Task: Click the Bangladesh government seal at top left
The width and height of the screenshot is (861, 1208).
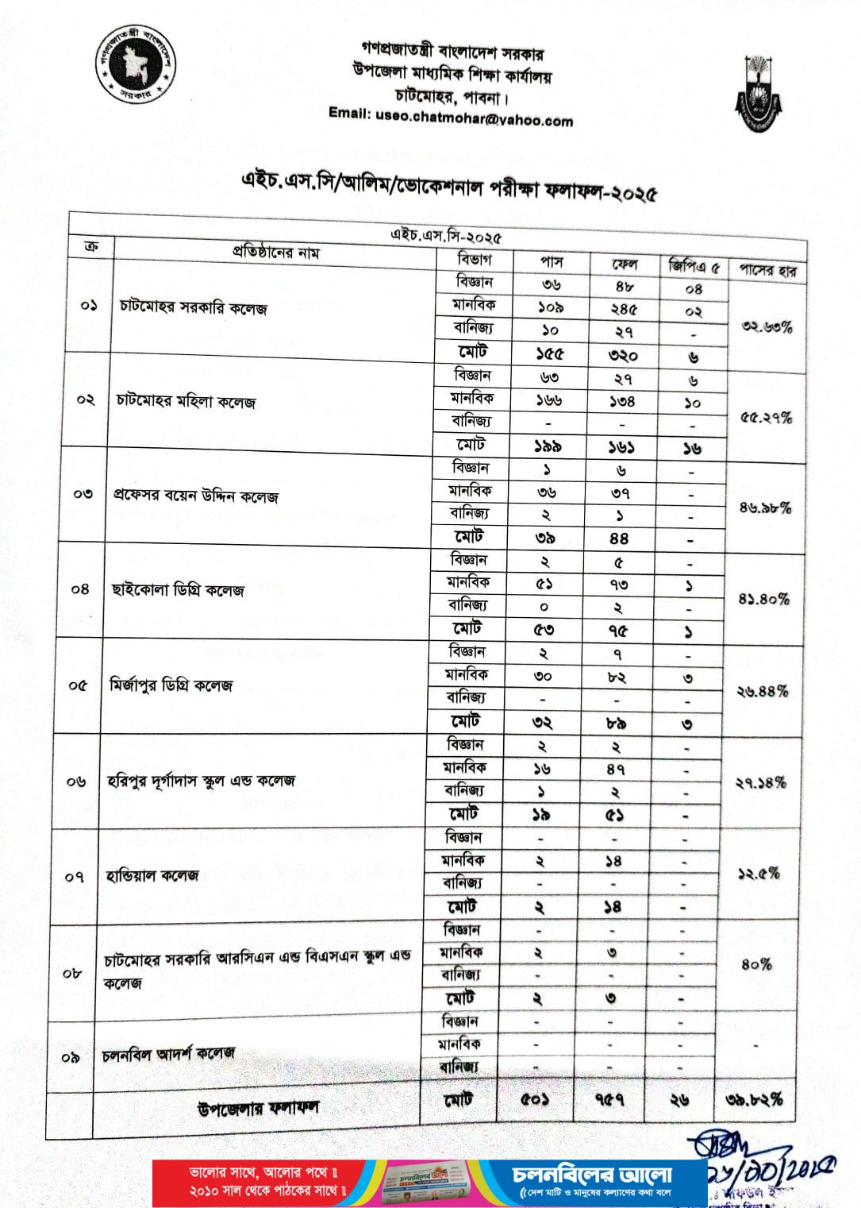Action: tap(137, 67)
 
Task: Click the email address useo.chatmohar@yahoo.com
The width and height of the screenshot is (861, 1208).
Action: tap(451, 118)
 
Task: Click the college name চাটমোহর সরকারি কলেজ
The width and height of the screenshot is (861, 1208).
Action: tap(194, 307)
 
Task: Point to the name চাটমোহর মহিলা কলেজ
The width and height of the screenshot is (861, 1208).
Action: tap(183, 402)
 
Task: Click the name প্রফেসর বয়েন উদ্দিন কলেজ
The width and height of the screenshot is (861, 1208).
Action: tap(195, 497)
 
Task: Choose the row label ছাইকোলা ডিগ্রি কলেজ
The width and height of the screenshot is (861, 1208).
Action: tap(178, 590)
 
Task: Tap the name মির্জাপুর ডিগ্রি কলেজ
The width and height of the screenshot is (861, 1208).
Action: tap(171, 685)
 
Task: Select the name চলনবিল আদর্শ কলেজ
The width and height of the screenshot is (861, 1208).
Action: tap(168, 1054)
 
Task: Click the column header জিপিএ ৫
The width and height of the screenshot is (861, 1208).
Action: tap(694, 268)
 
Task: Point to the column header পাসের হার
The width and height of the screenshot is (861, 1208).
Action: tap(767, 271)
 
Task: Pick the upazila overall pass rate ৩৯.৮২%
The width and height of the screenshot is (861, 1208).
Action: tap(754, 1100)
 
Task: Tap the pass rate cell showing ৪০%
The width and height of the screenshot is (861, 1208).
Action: tap(756, 964)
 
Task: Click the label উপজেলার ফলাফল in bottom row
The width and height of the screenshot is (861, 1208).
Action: tap(259, 1107)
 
